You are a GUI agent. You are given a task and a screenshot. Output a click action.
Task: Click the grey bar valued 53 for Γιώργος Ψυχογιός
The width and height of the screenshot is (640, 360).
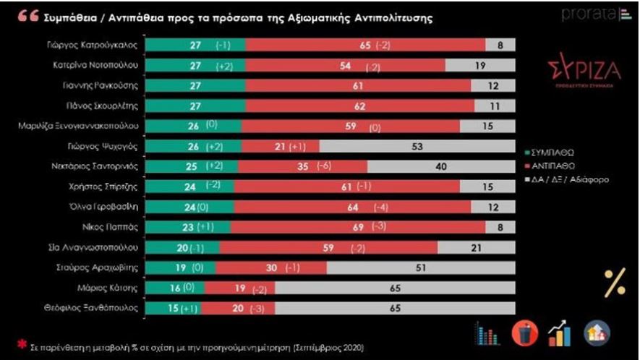pos(417,146)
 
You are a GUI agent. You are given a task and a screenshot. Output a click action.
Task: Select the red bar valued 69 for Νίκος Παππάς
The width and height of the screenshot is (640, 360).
pos(357,227)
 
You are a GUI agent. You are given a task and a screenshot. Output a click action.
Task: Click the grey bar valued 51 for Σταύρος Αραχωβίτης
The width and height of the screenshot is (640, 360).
pos(421,267)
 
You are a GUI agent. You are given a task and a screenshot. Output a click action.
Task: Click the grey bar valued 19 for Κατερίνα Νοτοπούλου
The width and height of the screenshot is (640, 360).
pos(480,65)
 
